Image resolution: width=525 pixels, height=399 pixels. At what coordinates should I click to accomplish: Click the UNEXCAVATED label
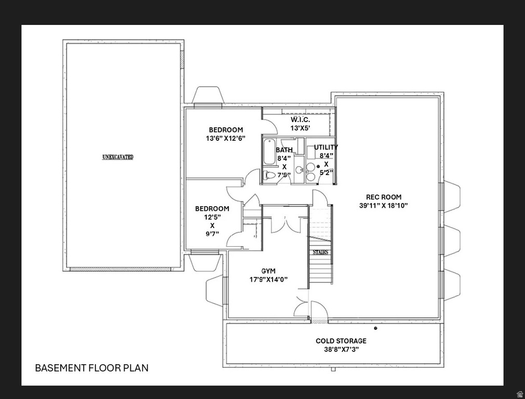pyautogui.click(x=118, y=157)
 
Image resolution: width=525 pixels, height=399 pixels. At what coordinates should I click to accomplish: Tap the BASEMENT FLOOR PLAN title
pyautogui.click(x=91, y=368)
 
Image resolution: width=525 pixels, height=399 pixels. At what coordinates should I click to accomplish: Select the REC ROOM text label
pyautogui.click(x=383, y=197)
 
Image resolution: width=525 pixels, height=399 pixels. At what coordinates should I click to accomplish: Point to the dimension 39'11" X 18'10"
pyautogui.click(x=383, y=206)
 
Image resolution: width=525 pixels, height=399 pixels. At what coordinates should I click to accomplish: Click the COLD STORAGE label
pyautogui.click(x=341, y=341)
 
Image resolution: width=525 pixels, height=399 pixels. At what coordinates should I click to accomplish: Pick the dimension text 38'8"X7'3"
pyautogui.click(x=341, y=350)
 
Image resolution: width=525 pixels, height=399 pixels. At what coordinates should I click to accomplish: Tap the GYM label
pyautogui.click(x=268, y=271)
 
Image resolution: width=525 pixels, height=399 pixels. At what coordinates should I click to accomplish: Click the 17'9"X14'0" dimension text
pyautogui.click(x=268, y=280)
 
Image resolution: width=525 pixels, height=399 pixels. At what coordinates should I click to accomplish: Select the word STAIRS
pyautogui.click(x=320, y=252)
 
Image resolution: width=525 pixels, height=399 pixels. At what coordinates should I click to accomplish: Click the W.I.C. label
pyautogui.click(x=300, y=120)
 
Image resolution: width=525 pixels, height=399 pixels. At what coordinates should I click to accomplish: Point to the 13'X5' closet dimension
pyautogui.click(x=300, y=128)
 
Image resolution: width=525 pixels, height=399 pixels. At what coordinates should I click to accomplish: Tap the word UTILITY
pyautogui.click(x=326, y=147)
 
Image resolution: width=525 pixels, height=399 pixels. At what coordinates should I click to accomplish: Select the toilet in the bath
pyautogui.click(x=269, y=175)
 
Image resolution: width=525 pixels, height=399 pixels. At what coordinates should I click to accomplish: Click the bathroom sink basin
pyautogui.click(x=300, y=169)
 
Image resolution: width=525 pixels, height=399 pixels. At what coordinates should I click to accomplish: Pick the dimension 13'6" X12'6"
pyautogui.click(x=225, y=139)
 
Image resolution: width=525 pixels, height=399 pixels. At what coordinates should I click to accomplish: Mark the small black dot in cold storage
pyautogui.click(x=375, y=328)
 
